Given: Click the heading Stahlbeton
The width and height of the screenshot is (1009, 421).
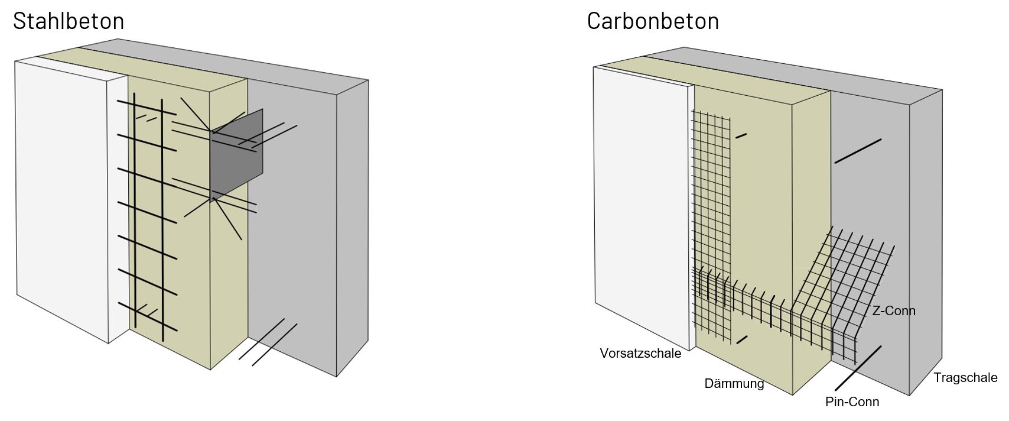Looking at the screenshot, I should click(x=69, y=21).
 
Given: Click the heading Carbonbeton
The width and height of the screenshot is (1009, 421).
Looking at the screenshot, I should click(x=653, y=21).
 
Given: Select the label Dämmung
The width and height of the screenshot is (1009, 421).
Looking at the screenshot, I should click(x=734, y=384).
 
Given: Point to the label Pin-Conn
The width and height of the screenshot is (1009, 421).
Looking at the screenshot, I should click(x=852, y=402).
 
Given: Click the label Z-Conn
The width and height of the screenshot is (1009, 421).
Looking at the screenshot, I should click(x=894, y=310).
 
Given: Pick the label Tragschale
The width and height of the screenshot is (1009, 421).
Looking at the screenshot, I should click(x=965, y=378).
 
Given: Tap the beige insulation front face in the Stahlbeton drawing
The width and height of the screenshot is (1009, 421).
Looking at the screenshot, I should click(x=189, y=284).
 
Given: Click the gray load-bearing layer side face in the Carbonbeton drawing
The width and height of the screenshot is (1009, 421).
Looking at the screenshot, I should click(x=925, y=237).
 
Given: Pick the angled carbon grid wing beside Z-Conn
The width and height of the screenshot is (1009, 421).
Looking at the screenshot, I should click(x=851, y=272).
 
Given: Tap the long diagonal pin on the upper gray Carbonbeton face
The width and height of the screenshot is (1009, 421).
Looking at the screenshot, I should click(x=858, y=151).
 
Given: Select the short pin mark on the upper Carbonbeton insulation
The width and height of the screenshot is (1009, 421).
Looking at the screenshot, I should click(x=741, y=136).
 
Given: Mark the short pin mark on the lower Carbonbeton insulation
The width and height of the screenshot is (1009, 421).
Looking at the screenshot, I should click(x=742, y=339).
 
